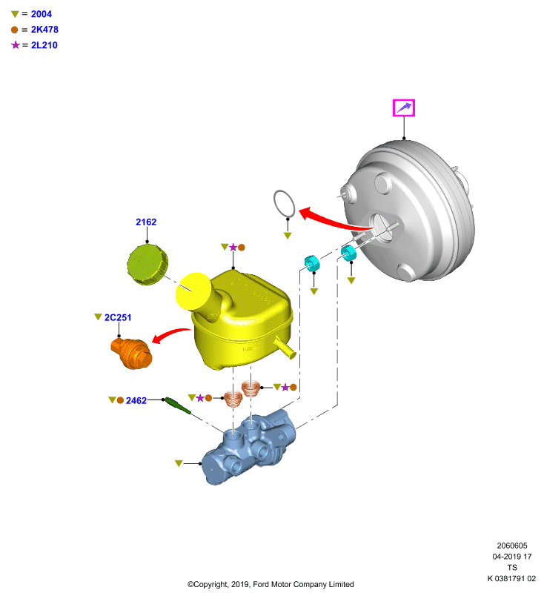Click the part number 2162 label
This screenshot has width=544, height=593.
tap(146, 222)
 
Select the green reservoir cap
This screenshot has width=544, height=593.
tap(147, 265)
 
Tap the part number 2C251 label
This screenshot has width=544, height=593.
tap(118, 317)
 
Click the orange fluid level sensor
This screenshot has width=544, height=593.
tap(132, 354)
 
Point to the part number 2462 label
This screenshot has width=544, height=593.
tap(136, 400)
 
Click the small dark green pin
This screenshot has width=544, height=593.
tap(178, 405)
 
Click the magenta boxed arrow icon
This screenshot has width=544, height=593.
tap(404, 107)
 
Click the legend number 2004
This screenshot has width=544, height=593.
tap(42, 14)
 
